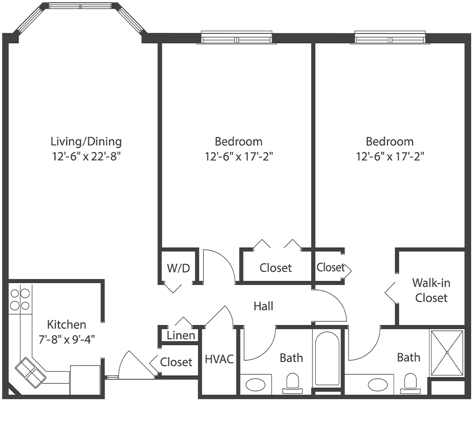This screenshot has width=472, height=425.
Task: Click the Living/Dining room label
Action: (86, 141)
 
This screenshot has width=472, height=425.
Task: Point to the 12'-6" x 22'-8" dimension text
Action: (86, 157)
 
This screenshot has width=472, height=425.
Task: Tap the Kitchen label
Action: (67, 324)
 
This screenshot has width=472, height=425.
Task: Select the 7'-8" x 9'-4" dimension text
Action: (67, 338)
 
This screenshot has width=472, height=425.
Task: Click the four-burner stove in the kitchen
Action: (20, 299)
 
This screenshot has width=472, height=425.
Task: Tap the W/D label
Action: (178, 268)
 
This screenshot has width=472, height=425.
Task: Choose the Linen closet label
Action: (181, 336)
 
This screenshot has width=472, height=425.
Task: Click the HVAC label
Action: (219, 360)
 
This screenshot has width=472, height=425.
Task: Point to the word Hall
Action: (263, 306)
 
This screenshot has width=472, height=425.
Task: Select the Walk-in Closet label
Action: (431, 290)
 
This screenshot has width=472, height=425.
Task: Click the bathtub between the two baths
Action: (327, 358)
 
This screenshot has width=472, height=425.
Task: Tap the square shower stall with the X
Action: (447, 353)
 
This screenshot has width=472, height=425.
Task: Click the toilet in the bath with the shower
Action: (411, 383)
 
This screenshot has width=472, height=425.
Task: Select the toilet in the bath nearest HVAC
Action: (292, 383)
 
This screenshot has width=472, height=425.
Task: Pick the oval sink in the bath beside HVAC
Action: (256, 385)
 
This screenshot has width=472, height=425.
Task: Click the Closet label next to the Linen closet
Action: (176, 362)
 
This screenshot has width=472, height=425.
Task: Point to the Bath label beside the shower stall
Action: (409, 357)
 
